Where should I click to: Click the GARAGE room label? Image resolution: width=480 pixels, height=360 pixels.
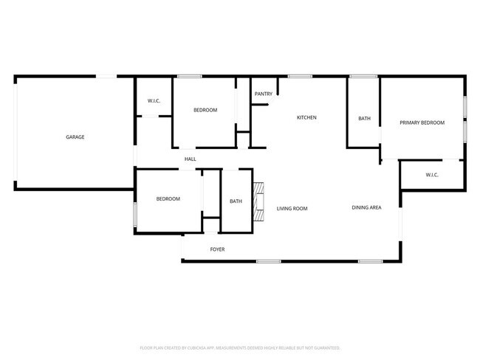75,137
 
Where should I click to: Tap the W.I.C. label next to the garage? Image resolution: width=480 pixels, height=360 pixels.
154,101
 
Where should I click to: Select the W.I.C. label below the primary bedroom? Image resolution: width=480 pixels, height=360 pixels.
432,175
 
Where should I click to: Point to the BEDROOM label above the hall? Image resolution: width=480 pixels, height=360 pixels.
205,110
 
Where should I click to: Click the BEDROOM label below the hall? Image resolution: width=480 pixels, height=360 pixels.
168,199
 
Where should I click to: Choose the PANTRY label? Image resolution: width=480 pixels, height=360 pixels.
264,94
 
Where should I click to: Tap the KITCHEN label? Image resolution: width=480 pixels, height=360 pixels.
306,117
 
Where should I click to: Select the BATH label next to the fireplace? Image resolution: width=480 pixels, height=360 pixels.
236,201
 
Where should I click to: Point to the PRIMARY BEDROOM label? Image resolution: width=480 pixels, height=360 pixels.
422,122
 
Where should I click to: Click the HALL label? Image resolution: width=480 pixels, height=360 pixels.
190,159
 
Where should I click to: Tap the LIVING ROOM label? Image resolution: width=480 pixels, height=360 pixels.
292,209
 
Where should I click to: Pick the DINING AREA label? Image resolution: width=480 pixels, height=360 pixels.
366,208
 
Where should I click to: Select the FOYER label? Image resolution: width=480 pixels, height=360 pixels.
217,249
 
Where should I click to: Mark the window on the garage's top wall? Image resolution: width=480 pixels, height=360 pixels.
107,75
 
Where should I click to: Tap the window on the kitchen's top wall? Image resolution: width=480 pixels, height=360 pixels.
298,75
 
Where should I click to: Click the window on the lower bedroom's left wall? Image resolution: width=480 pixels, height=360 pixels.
134,214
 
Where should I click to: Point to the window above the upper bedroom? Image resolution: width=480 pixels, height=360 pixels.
190,75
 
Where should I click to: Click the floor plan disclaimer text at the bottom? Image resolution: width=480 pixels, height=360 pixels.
239,347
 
